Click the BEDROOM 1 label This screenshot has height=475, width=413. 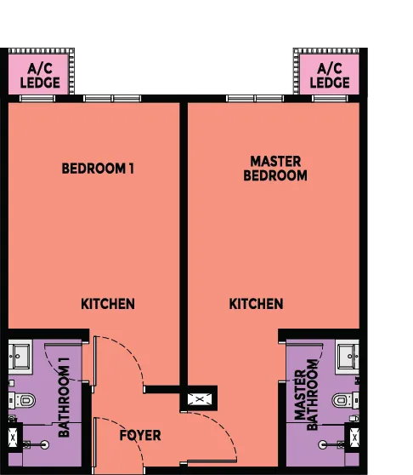tap(98, 169)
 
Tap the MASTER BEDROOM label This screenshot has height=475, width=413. tap(274, 168)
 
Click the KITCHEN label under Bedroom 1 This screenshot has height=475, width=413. tap(108, 303)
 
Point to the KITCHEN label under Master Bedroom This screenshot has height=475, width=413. tap(256, 303)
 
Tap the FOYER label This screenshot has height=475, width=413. tap(140, 435)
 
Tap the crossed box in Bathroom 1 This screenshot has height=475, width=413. tap(14, 438)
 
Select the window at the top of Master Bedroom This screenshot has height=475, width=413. tap(255, 99)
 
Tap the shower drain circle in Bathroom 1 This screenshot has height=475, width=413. tap(45, 444)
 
